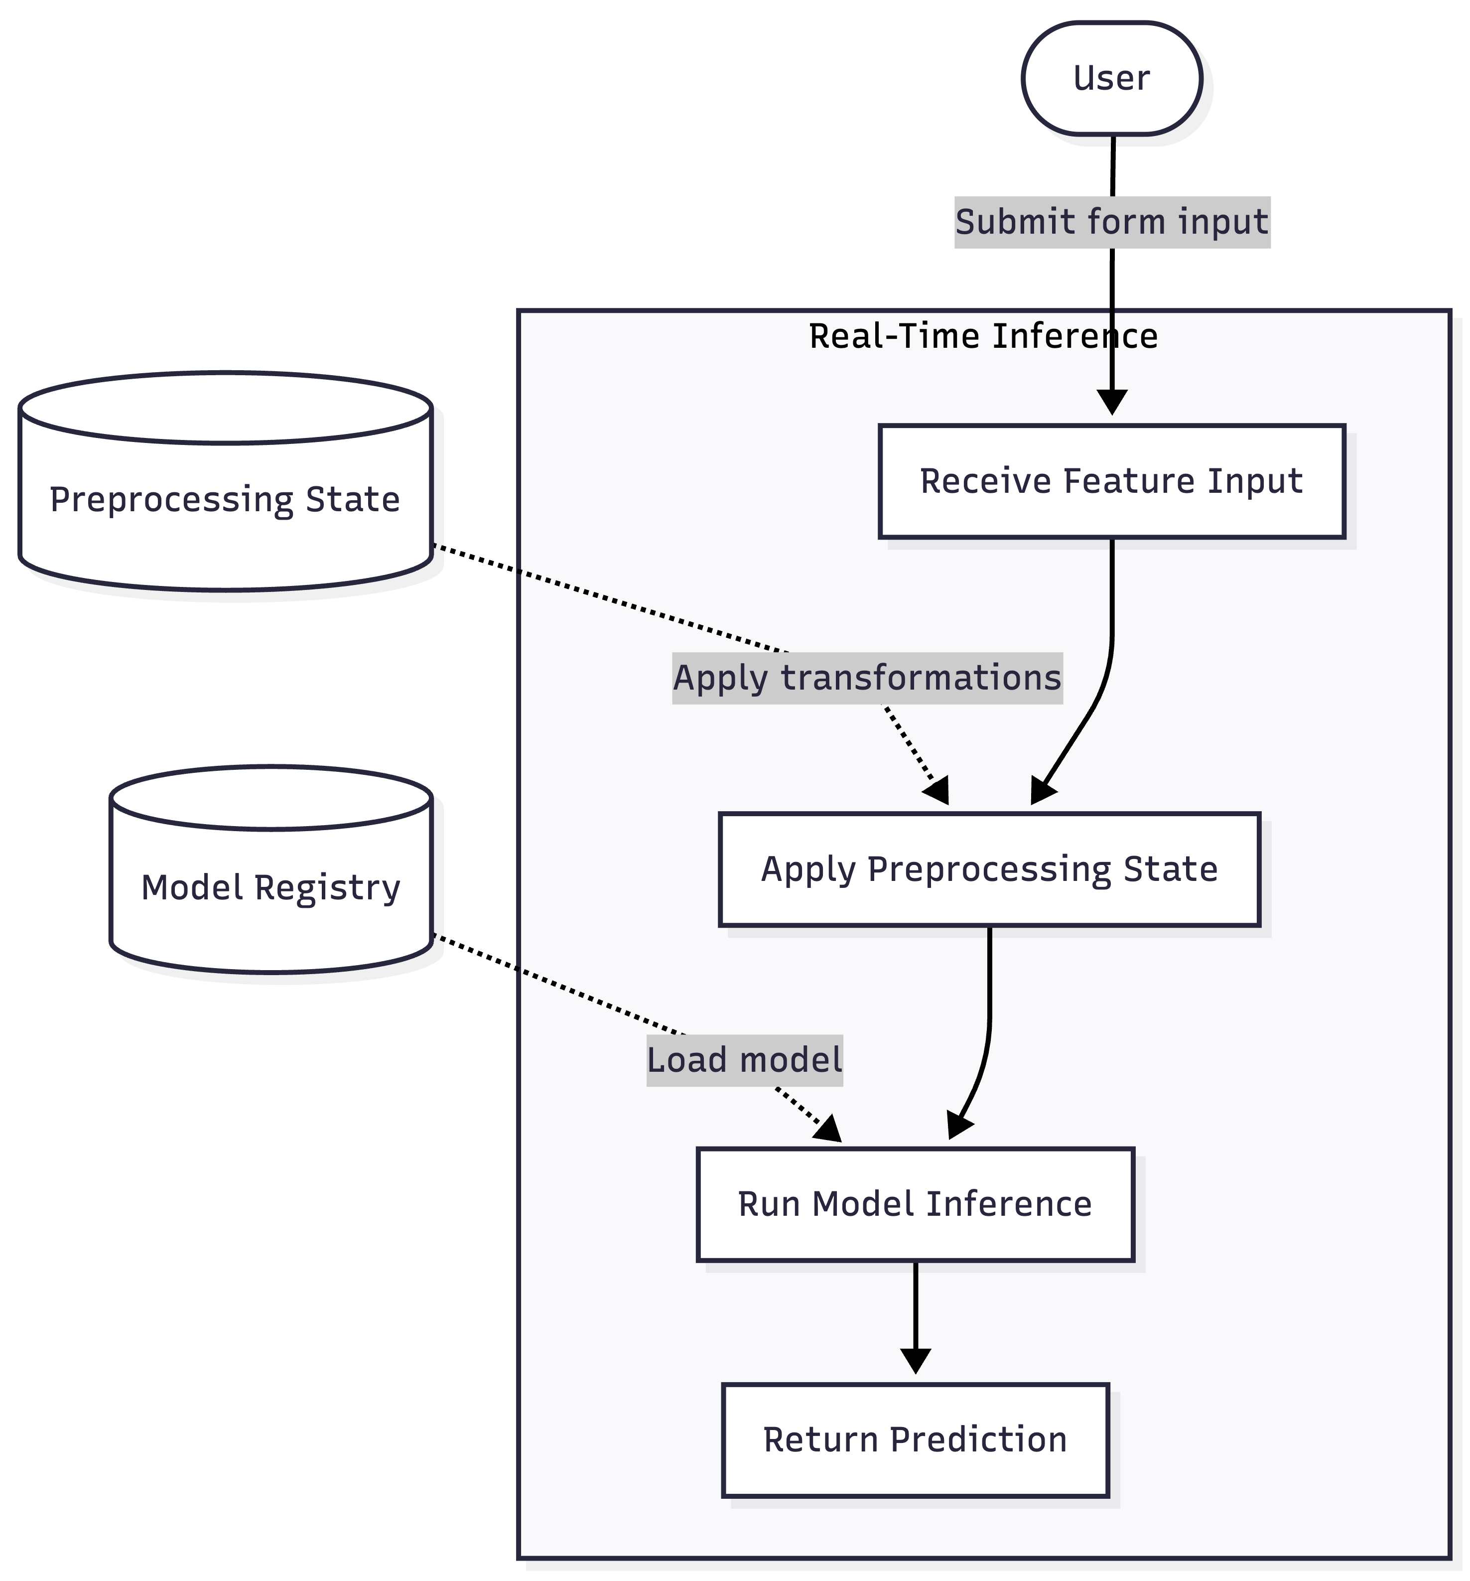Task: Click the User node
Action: [1111, 78]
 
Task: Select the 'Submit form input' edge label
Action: [1111, 222]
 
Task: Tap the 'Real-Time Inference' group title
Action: [983, 336]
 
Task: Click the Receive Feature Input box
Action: [1111, 481]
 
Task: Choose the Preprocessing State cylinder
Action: [225, 499]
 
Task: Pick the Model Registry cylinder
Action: [270, 887]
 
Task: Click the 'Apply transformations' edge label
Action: [867, 678]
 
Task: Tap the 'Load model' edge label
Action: [744, 1060]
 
